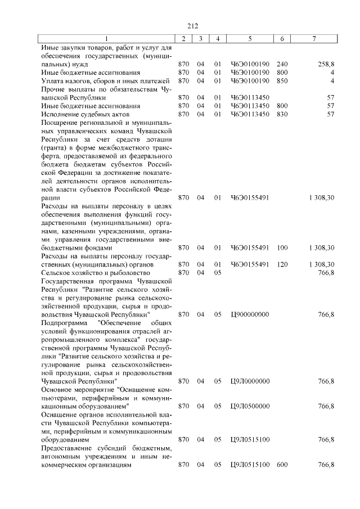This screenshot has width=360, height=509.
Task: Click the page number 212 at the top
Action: [x=192, y=25]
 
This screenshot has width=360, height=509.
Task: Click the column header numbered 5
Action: [x=250, y=38]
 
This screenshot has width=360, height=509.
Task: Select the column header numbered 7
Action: [x=314, y=38]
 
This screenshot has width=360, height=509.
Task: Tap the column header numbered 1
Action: [x=106, y=38]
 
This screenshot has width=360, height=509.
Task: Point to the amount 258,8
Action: [x=326, y=64]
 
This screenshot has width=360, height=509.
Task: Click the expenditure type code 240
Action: [x=282, y=64]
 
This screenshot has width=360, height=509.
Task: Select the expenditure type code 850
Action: [x=282, y=81]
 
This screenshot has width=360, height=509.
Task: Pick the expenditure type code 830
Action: [x=282, y=114]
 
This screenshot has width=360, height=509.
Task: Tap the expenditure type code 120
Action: [x=282, y=264]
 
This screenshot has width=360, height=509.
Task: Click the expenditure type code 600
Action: [x=282, y=465]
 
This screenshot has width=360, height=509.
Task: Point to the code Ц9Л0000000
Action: [x=250, y=381]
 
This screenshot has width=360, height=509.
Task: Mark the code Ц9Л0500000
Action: [x=250, y=406]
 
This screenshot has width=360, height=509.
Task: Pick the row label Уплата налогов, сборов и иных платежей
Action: [x=105, y=81]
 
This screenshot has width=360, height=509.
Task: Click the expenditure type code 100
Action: [x=282, y=247]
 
